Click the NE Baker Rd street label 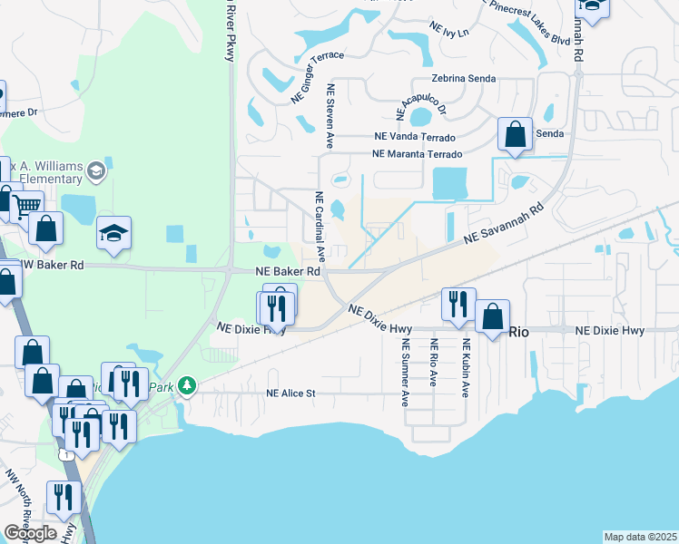click(x=288, y=271)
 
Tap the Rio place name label click(x=518, y=332)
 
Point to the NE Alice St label click(x=290, y=393)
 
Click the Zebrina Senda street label click(x=464, y=79)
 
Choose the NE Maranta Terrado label click(x=418, y=154)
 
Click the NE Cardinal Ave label click(x=320, y=222)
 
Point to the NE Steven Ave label click(x=332, y=117)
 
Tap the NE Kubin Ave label click(x=466, y=369)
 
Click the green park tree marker click(x=187, y=387)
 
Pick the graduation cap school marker click(x=114, y=234)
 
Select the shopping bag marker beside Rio click(x=492, y=316)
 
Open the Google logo click(x=30, y=533)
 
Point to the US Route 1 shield click(x=65, y=452)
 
